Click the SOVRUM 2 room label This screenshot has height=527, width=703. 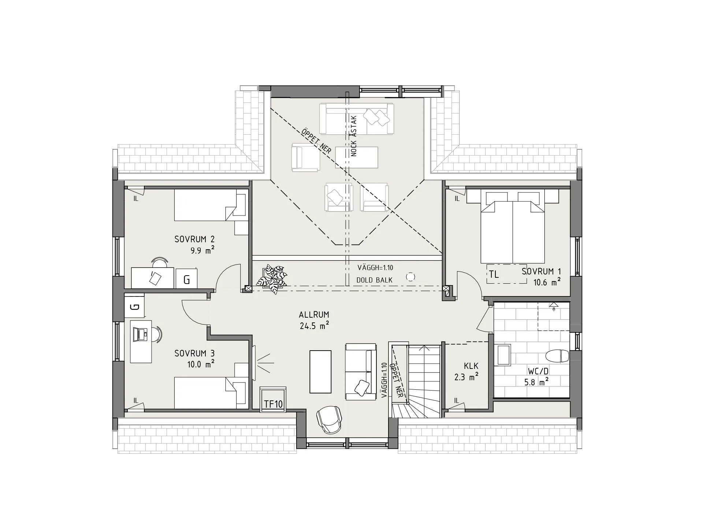pos(194,239)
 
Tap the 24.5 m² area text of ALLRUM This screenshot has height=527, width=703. pos(314,326)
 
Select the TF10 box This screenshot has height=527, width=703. pos(273,404)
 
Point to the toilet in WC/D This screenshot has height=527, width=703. pos(557,355)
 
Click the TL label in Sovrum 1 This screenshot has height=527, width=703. pos(494,274)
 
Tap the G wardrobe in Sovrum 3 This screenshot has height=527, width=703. pos(135,307)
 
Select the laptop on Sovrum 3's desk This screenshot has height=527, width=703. pos(141,333)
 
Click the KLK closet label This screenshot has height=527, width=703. pos(471,366)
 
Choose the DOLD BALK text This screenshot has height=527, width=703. pos(374,280)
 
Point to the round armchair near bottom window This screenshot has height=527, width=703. pos(329,420)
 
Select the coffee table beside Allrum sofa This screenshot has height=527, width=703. pos(320,371)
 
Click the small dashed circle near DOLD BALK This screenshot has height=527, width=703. pos(411,277)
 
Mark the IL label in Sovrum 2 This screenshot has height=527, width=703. pos(136,199)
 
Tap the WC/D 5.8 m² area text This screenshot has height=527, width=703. pos(536,382)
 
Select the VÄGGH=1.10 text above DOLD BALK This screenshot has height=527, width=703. pos(375,268)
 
